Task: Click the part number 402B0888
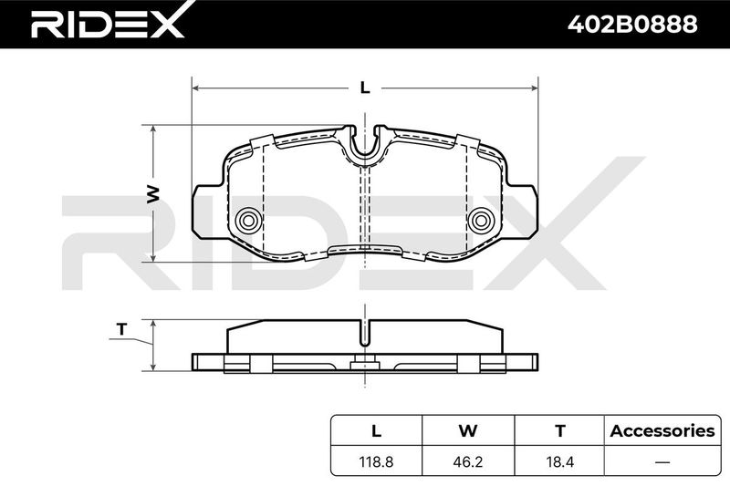(632, 25)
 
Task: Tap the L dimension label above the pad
(366, 88)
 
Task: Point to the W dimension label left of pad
(153, 194)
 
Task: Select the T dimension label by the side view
(122, 329)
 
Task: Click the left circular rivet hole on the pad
(248, 220)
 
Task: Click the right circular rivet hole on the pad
(481, 220)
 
